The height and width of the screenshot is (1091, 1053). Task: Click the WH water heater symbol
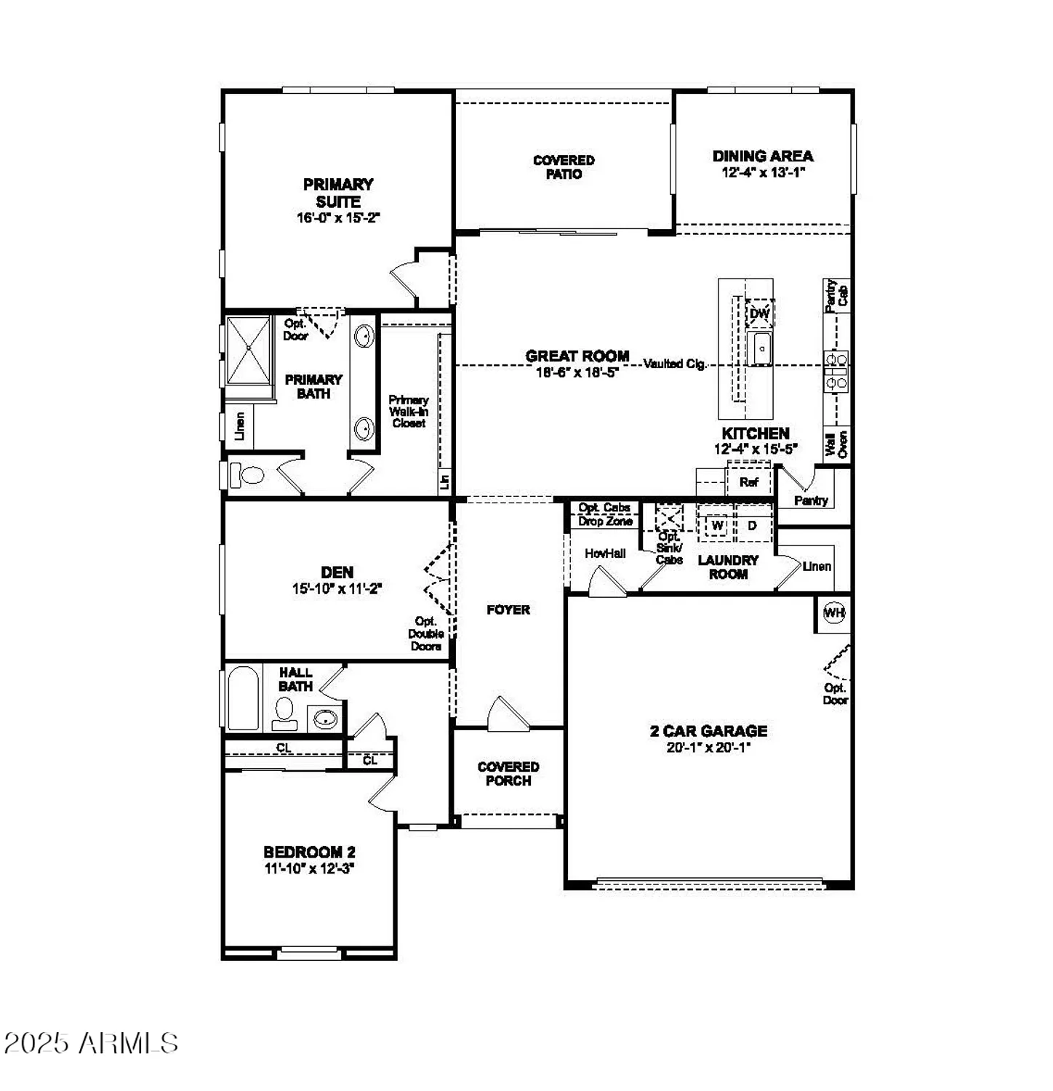click(x=833, y=613)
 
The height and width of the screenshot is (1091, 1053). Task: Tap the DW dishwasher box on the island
click(x=759, y=313)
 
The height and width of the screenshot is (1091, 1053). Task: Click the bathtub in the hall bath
click(x=243, y=698)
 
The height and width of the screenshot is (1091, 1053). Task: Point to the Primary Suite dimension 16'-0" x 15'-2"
click(x=338, y=217)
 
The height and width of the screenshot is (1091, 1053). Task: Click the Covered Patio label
click(x=564, y=167)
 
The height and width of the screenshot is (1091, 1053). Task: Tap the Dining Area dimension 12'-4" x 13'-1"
click(x=763, y=173)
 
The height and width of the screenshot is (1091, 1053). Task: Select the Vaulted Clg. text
click(x=675, y=364)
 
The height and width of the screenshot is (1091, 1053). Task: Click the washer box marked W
click(x=717, y=525)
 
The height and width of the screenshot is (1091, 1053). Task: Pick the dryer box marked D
click(x=752, y=525)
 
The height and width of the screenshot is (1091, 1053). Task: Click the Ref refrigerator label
click(x=748, y=482)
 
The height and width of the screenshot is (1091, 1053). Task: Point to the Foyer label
click(x=508, y=610)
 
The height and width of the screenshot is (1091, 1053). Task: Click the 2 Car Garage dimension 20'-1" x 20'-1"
click(x=708, y=747)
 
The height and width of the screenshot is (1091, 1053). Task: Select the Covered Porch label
click(x=508, y=773)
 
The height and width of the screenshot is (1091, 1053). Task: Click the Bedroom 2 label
click(x=309, y=852)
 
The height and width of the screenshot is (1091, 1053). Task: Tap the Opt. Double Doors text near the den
click(x=426, y=634)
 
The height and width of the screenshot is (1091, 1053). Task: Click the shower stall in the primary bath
click(x=249, y=350)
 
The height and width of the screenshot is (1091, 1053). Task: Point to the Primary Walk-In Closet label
click(x=409, y=411)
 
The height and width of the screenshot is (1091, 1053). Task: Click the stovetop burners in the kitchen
click(x=836, y=370)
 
